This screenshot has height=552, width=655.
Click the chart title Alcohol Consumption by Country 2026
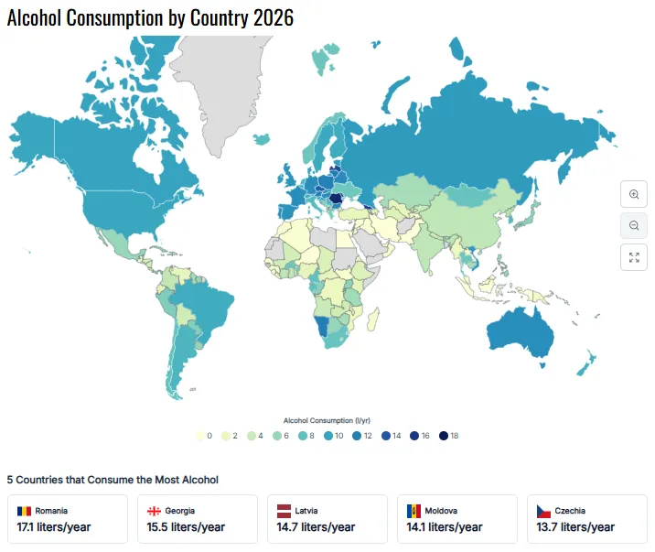[150, 17]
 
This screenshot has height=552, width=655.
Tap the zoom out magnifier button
[633, 225]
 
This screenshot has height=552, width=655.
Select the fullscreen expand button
[633, 256]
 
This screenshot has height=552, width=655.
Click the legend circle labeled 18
[444, 436]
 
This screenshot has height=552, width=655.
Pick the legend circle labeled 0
[200, 436]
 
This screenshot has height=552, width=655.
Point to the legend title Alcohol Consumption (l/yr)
[327, 419]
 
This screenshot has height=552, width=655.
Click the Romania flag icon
[25, 511]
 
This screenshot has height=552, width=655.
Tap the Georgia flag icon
[155, 511]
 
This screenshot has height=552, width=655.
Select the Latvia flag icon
[285, 511]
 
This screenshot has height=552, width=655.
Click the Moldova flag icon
[414, 511]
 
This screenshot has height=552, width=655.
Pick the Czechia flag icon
[544, 511]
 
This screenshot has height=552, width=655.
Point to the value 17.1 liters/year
[56, 526]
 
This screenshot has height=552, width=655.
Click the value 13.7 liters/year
[575, 526]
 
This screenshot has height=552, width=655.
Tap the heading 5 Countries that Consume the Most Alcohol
[113, 479]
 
